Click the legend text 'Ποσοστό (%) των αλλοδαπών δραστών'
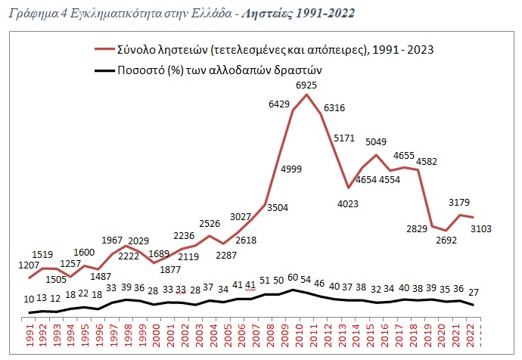pos(220,70)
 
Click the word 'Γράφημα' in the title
pos(26,14)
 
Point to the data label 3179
pos(461,202)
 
